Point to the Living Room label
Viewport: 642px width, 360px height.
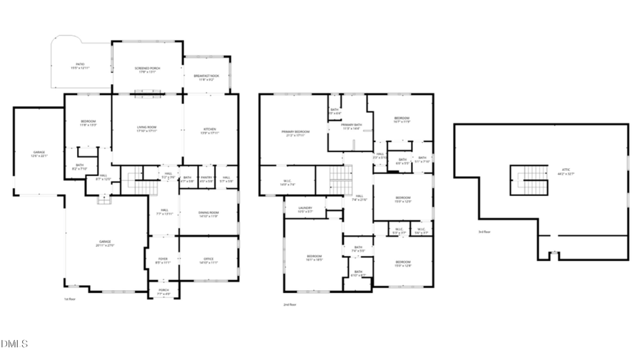(147, 129)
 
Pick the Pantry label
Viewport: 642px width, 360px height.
(207, 179)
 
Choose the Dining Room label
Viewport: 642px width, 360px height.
(208, 214)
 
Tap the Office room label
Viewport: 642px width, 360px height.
(208, 260)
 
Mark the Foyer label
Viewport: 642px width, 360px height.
(163, 261)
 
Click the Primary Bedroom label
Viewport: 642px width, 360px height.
(295, 133)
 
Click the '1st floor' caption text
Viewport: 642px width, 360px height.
(70, 299)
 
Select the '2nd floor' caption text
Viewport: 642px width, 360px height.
(290, 304)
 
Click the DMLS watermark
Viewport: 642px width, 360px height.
(14, 344)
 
